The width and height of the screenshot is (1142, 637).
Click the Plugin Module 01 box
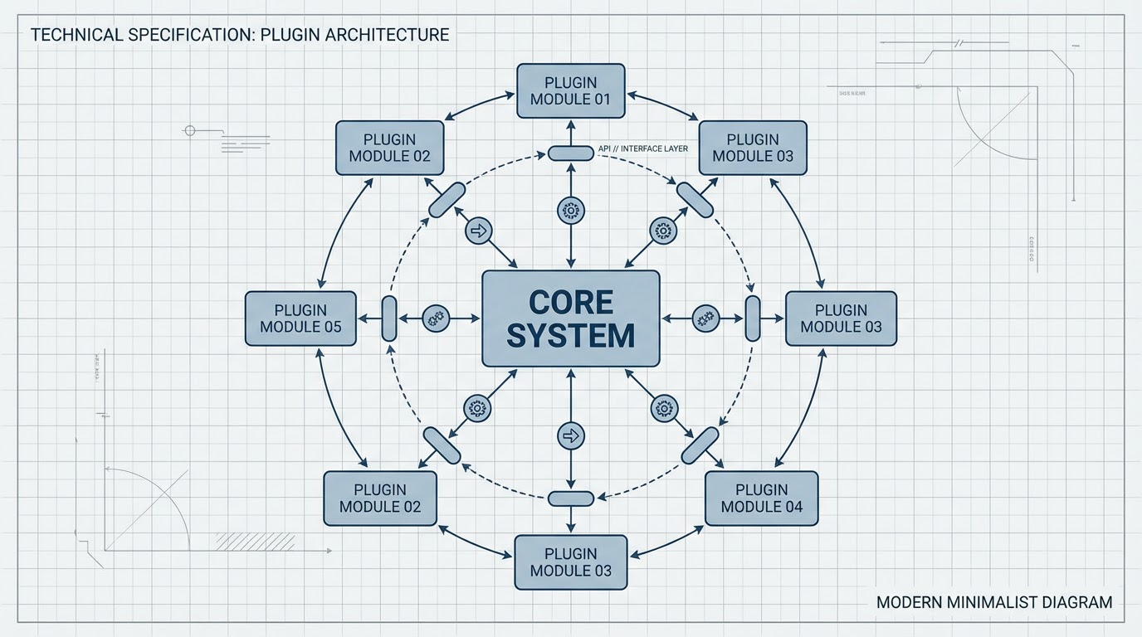pos(570,91)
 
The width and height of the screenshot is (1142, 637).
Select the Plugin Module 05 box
pos(300,318)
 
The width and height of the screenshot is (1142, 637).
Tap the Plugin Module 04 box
pos(761,498)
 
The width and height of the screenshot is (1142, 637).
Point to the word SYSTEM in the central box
pos(571,335)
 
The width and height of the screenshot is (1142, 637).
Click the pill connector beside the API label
pos(571,153)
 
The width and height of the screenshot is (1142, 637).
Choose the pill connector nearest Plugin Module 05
pos(389,318)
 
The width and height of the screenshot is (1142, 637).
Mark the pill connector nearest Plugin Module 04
pos(700,445)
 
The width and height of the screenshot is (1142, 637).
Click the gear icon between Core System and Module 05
pos(436,318)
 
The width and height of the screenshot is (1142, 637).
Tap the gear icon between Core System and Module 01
pos(570,211)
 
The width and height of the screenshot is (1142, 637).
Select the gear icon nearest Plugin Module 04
pos(663,407)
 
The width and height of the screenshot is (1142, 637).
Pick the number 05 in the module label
pos(332,327)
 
